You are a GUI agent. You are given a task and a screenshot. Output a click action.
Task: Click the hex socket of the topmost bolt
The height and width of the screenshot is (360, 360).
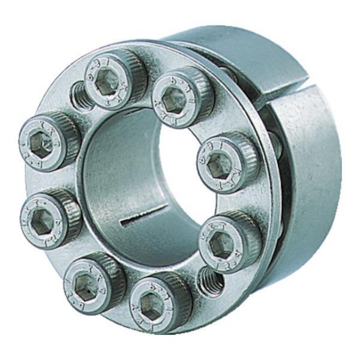107,81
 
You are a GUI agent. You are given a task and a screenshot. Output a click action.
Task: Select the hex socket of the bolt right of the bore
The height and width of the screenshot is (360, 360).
221,161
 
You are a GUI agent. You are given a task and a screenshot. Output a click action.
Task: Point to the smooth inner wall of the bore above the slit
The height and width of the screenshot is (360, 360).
120,168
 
